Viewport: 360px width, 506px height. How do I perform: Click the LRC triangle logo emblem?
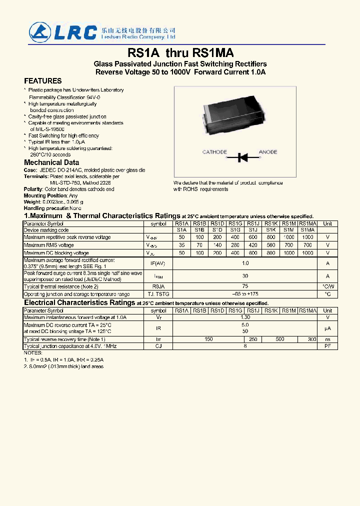tap(38, 31)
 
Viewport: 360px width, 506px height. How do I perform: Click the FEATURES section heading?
tap(43, 81)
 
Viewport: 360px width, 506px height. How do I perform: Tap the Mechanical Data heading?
tap(51, 162)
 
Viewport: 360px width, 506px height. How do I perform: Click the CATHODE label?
tap(214, 152)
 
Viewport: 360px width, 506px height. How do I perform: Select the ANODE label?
tap(268, 152)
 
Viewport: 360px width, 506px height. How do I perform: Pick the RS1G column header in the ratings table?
tap(235, 223)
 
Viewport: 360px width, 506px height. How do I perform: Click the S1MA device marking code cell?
tap(307, 230)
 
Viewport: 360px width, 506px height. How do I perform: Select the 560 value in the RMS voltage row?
tap(271, 245)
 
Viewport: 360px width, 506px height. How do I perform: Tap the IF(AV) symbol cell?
tap(158, 263)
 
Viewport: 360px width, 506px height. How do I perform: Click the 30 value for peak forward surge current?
tap(245, 276)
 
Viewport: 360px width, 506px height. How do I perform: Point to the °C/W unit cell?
tap(327, 286)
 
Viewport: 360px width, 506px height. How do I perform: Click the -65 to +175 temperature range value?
tap(245, 294)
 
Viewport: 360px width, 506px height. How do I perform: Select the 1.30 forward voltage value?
tap(245, 317)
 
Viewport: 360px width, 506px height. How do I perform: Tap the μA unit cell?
tap(327, 328)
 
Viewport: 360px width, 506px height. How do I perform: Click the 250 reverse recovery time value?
tap(253, 339)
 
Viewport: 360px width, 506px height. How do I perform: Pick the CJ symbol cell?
tap(158, 346)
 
